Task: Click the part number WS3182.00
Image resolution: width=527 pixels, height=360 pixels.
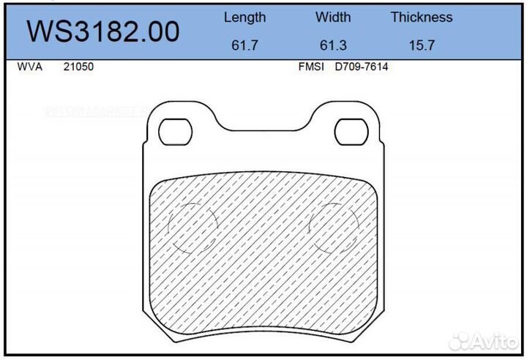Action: (x=103, y=31)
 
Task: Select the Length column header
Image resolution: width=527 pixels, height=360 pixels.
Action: (x=244, y=17)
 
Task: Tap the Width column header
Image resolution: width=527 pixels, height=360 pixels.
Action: (x=333, y=17)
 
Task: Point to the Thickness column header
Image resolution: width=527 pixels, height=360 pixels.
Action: (x=421, y=17)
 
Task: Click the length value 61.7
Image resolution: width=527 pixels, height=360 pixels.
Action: (x=244, y=45)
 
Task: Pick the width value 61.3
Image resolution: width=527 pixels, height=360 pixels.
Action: (x=333, y=45)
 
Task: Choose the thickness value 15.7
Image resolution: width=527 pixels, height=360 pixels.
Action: (x=422, y=45)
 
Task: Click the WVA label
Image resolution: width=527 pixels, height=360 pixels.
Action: (x=29, y=67)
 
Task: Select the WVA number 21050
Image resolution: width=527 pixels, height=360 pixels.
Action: (x=78, y=67)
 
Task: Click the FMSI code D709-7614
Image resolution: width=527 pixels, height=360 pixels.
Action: (x=361, y=67)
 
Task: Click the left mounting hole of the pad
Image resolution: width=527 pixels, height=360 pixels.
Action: (x=176, y=132)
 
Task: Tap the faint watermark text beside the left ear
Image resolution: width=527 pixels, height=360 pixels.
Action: (x=95, y=113)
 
